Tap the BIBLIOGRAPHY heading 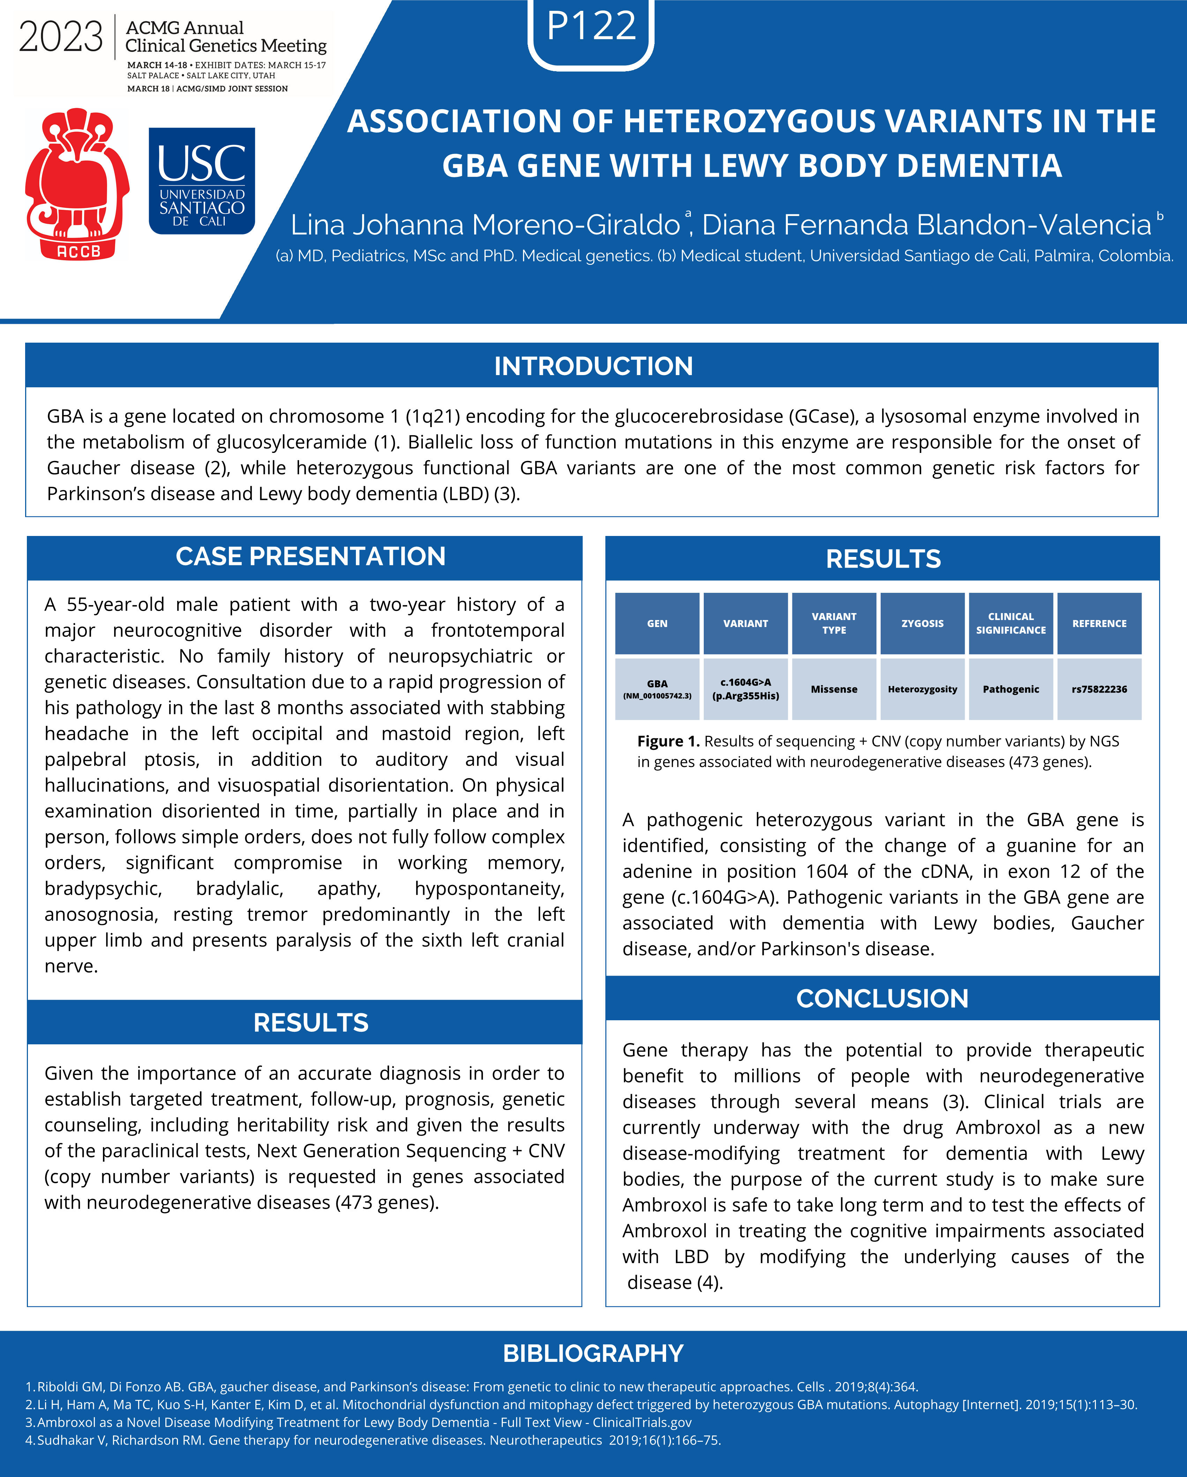593,1354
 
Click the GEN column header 657,624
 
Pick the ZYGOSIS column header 922,624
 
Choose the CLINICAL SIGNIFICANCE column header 1010,624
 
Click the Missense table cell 834,689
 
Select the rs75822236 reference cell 1099,689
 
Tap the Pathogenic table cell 1010,689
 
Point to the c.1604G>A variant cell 745,689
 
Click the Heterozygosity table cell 922,689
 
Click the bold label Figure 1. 668,741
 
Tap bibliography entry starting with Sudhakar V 373,1440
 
